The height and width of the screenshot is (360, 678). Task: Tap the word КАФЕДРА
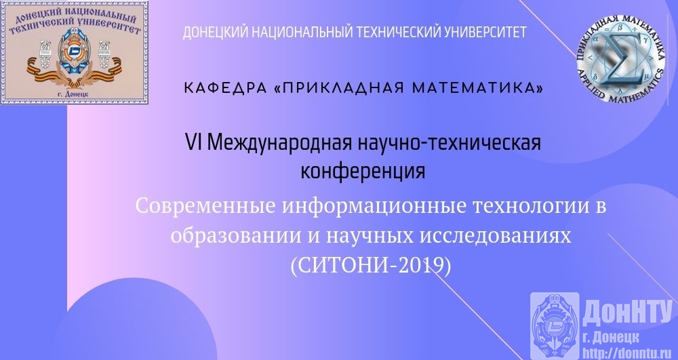click(x=224, y=88)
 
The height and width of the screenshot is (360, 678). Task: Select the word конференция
click(x=363, y=171)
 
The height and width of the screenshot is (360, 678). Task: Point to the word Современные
click(x=205, y=205)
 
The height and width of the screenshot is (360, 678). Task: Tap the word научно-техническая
click(x=450, y=142)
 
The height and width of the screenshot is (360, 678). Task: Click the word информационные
click(x=369, y=205)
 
